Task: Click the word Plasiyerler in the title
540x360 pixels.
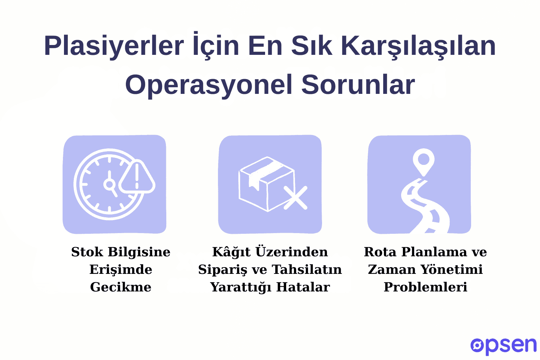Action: [114, 46]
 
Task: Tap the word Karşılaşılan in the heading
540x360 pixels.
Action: [418, 46]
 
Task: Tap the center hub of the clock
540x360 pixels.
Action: [109, 184]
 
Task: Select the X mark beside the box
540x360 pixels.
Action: [295, 198]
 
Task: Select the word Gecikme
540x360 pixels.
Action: [121, 287]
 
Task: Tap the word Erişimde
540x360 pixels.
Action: [121, 270]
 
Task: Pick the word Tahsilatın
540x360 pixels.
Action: [307, 270]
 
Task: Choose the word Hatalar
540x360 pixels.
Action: [303, 287]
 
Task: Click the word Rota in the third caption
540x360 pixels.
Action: [380, 252]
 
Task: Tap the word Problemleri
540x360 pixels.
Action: [425, 287]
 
